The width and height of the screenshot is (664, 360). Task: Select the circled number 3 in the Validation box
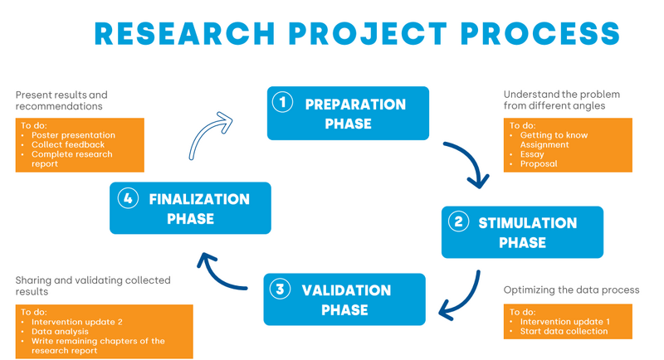click(281, 289)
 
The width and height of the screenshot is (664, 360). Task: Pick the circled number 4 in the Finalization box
click(128, 199)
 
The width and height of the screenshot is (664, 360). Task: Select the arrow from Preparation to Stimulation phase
click(468, 162)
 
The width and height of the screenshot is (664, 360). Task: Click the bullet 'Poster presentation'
click(73, 135)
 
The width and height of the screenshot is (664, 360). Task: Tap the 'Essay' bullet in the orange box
click(532, 154)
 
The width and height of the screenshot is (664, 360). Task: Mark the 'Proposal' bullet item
click(539, 164)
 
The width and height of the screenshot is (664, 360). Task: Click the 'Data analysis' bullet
click(60, 331)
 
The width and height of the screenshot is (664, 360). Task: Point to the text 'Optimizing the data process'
click(572, 290)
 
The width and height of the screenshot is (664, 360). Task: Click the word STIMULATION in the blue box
click(527, 222)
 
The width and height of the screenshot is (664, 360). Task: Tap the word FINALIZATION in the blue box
click(199, 199)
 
